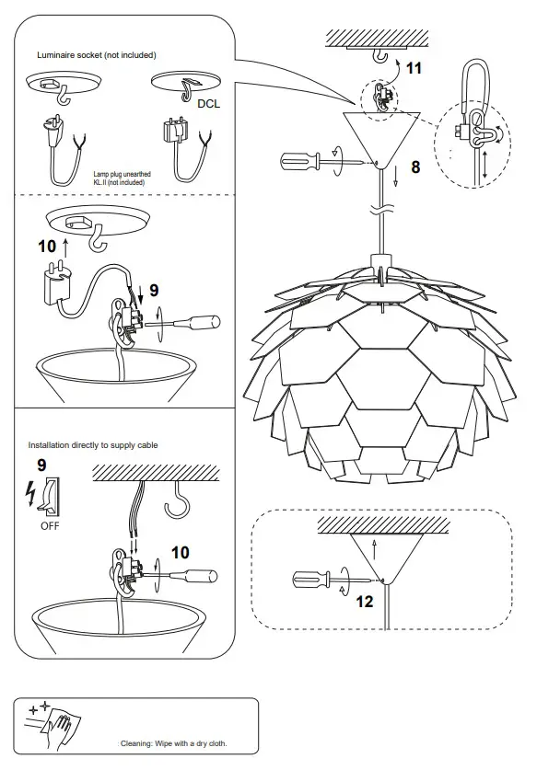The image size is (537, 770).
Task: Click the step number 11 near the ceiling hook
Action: (x=414, y=68)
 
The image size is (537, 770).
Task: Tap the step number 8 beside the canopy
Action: (x=415, y=167)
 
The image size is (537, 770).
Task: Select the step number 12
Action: (x=365, y=602)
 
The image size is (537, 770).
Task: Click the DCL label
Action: (x=209, y=104)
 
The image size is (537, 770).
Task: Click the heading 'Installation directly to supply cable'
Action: (x=93, y=445)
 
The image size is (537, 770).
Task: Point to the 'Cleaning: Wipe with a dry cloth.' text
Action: (x=173, y=743)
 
